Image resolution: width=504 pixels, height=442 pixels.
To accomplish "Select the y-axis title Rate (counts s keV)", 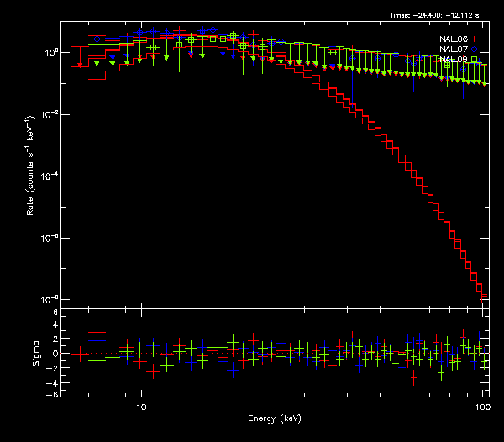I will [31, 175].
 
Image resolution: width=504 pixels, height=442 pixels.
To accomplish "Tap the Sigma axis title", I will [36, 354].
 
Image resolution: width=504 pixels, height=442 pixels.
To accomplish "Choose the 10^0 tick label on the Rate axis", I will [50, 52].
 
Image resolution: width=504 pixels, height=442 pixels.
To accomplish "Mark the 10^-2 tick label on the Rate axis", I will [50, 114].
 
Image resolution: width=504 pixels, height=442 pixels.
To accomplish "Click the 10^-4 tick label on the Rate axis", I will [50, 176].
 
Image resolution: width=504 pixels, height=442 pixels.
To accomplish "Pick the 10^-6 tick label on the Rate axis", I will [50, 238].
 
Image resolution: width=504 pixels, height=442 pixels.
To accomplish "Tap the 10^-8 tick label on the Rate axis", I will [50, 299].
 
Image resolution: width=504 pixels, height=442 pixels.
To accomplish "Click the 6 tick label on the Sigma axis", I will [55, 313].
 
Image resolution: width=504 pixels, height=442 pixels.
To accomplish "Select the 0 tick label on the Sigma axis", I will [55, 354].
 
